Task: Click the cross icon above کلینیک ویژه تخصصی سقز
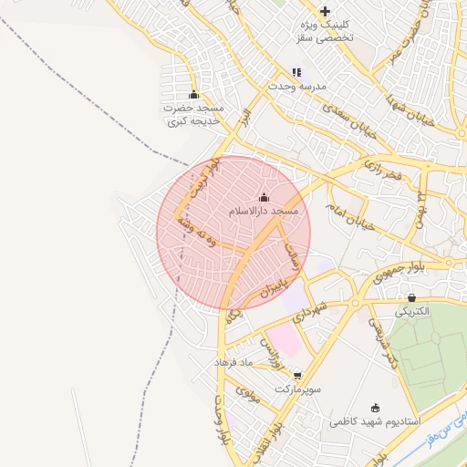(x=326, y=11)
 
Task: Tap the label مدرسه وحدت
(x=296, y=86)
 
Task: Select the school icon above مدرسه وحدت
(x=296, y=72)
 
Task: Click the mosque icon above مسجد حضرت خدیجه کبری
(x=193, y=94)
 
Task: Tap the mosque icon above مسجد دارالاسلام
(x=264, y=197)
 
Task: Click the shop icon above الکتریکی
(x=412, y=297)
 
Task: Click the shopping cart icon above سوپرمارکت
(x=296, y=374)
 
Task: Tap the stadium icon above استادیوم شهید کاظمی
(x=375, y=409)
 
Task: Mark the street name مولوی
(x=248, y=394)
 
